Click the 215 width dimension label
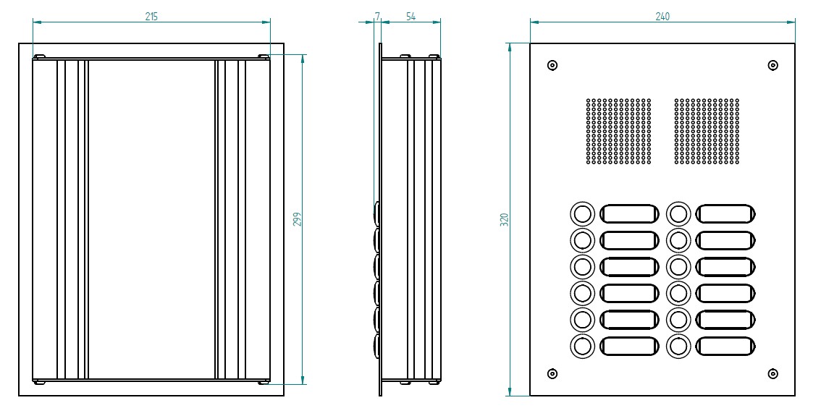tap(151, 15)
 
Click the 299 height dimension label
tap(297, 219)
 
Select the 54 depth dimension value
tap(410, 15)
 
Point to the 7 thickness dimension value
tap(378, 15)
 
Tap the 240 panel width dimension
tap(662, 15)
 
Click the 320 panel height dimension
tap(505, 220)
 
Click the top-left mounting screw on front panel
tap(552, 65)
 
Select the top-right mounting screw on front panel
tap(773, 65)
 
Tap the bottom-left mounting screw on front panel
tap(552, 374)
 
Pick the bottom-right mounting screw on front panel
tap(773, 374)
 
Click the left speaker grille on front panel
tap(618, 131)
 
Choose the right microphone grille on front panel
tap(707, 131)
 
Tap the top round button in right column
tap(678, 213)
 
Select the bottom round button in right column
tap(678, 347)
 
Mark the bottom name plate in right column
tap(725, 347)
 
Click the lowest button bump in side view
tap(377, 344)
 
